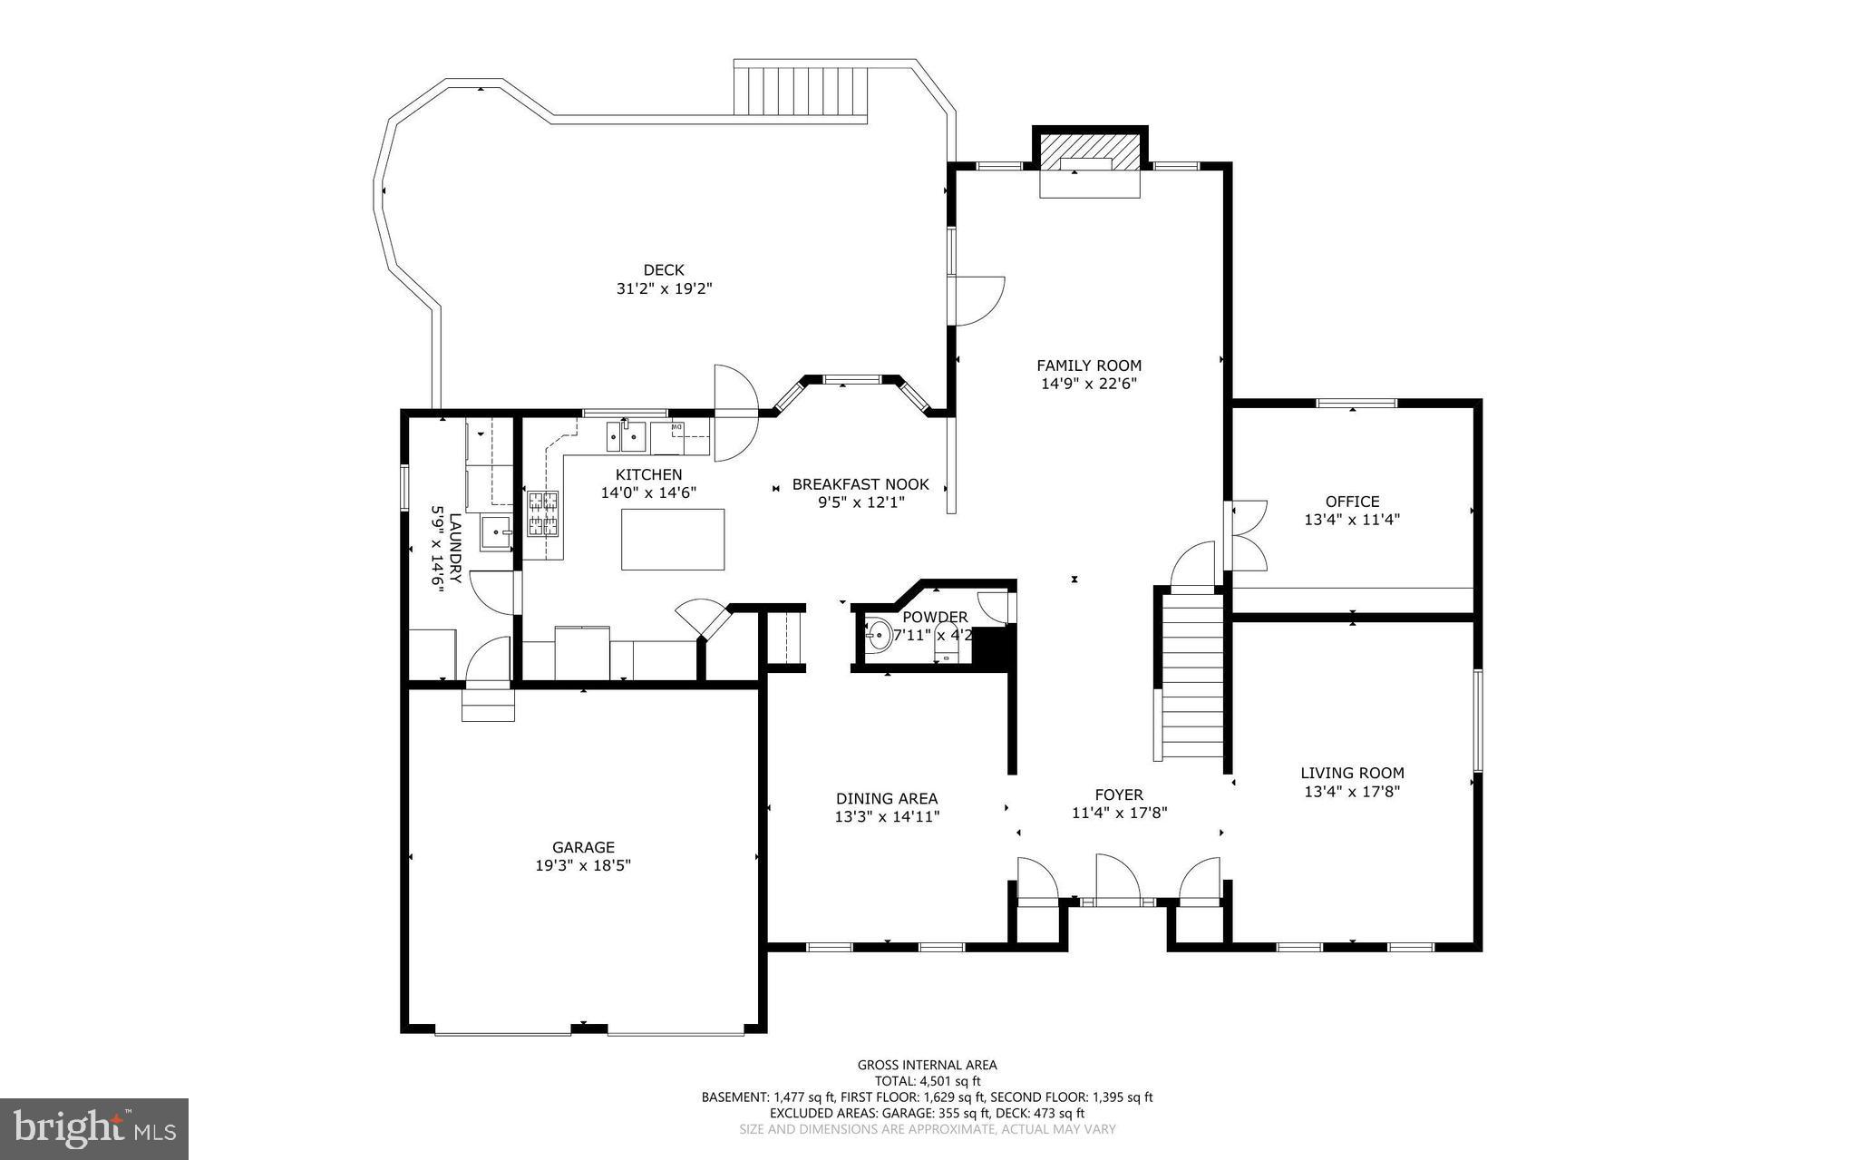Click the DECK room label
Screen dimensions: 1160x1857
tap(663, 269)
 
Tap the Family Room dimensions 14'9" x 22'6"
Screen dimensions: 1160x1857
tap(1088, 384)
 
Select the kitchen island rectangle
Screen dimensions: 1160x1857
tap(673, 539)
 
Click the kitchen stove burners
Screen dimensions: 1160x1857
tap(544, 513)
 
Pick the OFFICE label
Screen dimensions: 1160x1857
tap(1352, 501)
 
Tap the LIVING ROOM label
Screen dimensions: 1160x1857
tap(1352, 773)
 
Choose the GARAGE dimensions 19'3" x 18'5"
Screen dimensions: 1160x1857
tap(582, 865)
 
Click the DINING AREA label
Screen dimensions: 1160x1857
tap(886, 798)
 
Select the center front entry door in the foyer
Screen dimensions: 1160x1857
tap(1117, 880)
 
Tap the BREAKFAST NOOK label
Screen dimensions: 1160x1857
tap(848, 483)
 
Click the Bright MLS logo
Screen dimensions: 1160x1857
tap(94, 1128)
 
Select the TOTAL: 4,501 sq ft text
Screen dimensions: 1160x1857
tap(927, 1080)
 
